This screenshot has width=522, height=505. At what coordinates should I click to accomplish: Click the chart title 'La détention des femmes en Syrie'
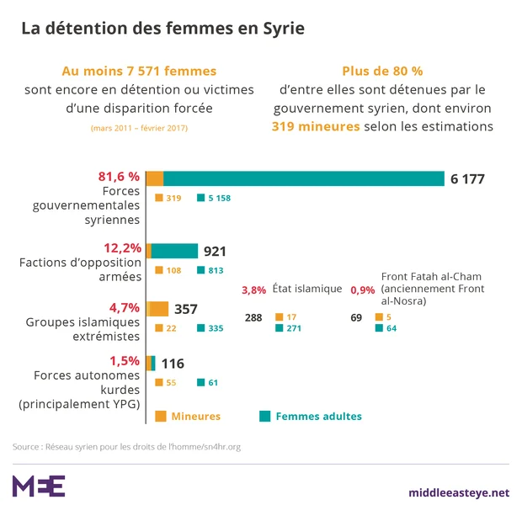pyautogui.click(x=162, y=28)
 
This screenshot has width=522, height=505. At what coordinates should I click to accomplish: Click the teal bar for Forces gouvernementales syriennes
pyautogui.click(x=303, y=178)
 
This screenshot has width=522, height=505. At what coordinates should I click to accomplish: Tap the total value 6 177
pyautogui.click(x=468, y=178)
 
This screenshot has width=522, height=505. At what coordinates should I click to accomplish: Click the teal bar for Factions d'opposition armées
pyautogui.click(x=174, y=251)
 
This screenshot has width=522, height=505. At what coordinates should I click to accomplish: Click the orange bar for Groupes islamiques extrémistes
pyautogui.click(x=158, y=307)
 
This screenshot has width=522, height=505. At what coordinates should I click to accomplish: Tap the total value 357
pyautogui.click(x=185, y=307)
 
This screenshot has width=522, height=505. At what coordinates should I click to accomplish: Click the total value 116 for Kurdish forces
pyautogui.click(x=173, y=364)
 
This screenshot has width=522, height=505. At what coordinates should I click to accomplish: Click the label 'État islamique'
pyautogui.click(x=307, y=289)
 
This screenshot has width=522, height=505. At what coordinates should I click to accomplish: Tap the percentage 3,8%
pyautogui.click(x=254, y=290)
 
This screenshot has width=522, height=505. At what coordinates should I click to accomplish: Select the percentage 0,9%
pyautogui.click(x=362, y=290)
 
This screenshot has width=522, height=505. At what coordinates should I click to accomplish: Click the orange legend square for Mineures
pyautogui.click(x=161, y=416)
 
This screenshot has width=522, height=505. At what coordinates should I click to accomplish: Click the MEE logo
pyautogui.click(x=39, y=486)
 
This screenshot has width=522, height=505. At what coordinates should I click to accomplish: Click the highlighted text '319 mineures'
pyautogui.click(x=316, y=126)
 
